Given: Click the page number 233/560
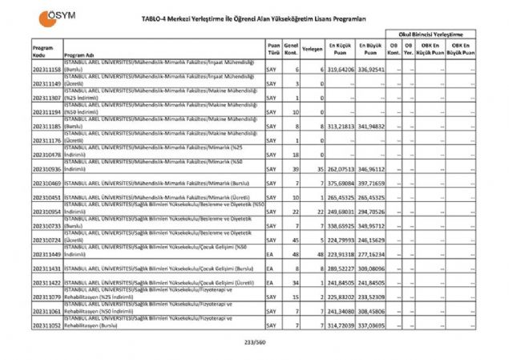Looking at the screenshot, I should [254, 342].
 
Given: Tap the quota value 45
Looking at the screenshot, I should [297, 240].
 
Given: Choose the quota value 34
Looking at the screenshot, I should [297, 283].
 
